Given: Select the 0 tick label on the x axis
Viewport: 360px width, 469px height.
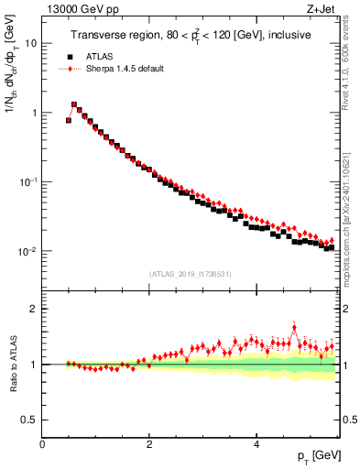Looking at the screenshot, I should pyautogui.click(x=42, y=444).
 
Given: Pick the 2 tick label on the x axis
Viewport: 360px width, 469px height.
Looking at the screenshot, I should pyautogui.click(x=148, y=444).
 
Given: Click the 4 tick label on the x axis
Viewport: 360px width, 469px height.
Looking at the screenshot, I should pyautogui.click(x=256, y=444).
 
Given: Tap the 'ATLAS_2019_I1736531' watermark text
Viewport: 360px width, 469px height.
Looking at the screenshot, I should pyautogui.click(x=191, y=273).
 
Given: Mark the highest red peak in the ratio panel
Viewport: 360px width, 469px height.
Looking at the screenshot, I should pyautogui.click(x=293, y=325).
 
